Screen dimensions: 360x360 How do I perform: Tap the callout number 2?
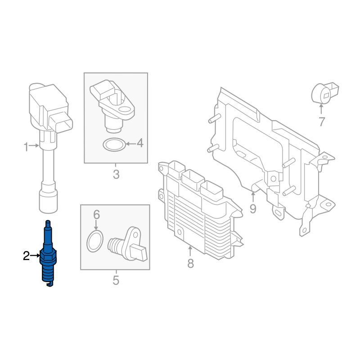pos(27,256)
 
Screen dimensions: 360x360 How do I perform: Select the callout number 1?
pos(26,147)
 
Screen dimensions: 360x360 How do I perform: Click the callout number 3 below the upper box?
pos(116,175)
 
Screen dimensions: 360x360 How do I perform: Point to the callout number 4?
pos(140,144)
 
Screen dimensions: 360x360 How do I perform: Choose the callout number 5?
pos(116,280)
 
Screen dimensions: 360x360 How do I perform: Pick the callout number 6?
pos(96,215)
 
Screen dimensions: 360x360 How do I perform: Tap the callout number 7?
pos(322,121)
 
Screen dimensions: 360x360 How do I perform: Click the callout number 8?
pos(190,264)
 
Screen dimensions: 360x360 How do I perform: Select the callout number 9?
pos(253,209)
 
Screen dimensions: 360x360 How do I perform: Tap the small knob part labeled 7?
pos(324,93)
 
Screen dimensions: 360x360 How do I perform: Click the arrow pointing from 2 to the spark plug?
pos(35,256)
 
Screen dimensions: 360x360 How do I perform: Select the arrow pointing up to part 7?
pos(321,109)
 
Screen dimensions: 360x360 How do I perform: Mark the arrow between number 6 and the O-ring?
pos(96,225)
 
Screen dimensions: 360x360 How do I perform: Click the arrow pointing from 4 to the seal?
pos(131,144)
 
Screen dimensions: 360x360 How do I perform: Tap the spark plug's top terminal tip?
pos(48,222)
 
